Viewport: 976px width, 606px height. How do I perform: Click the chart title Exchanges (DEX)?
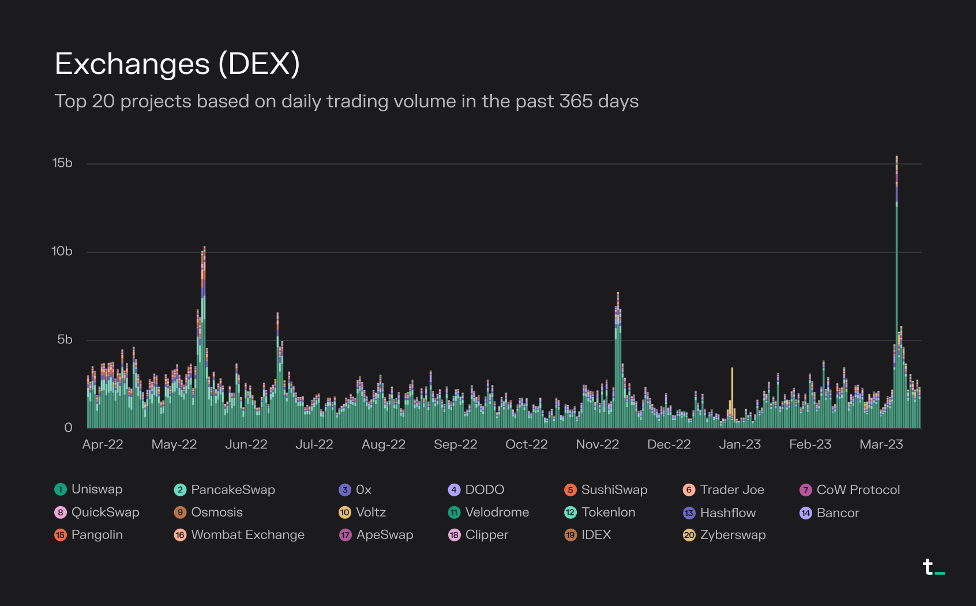(x=177, y=63)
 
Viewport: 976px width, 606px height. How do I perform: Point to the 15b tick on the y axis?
(x=62, y=163)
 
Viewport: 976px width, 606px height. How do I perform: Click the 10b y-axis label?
(x=62, y=252)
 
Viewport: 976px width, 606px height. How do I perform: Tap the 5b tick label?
(x=65, y=340)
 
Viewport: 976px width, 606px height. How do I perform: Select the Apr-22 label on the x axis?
(x=103, y=444)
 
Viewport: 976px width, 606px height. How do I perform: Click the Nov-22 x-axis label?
(x=597, y=444)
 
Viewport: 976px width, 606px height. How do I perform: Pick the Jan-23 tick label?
(x=739, y=444)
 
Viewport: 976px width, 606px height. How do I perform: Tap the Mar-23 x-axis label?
(x=881, y=444)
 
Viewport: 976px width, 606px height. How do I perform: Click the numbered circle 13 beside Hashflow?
(x=689, y=513)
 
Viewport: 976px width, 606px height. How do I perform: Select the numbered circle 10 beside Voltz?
(x=345, y=513)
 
